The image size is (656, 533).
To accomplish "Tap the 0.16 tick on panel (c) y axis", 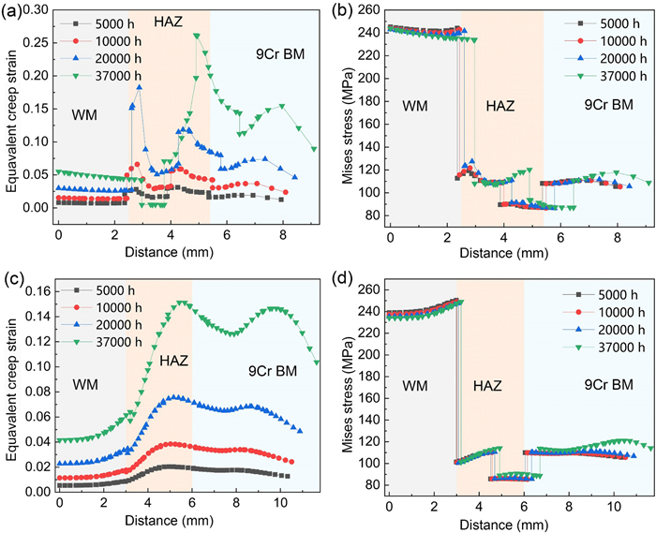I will [39, 289].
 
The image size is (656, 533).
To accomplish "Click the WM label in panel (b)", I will [414, 108].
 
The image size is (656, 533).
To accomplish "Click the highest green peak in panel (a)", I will [197, 36].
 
